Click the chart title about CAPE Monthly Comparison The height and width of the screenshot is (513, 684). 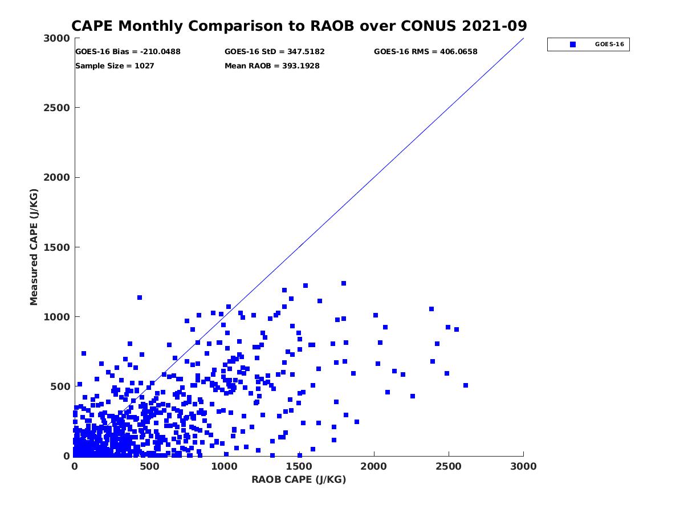click(299, 26)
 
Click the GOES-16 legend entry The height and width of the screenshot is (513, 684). click(588, 44)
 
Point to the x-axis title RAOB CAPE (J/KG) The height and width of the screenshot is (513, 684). click(299, 479)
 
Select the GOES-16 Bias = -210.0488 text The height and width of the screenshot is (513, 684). click(128, 52)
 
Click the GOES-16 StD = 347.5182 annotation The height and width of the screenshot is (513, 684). click(275, 52)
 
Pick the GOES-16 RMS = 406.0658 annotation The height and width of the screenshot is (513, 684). click(425, 52)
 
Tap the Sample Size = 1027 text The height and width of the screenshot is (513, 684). click(115, 66)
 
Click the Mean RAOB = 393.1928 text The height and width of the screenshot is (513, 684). click(272, 66)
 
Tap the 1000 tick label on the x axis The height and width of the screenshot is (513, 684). click(224, 466)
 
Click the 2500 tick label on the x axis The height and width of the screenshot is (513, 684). click(449, 466)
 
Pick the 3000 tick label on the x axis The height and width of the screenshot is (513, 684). click(523, 466)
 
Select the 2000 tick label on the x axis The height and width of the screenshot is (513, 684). click(374, 466)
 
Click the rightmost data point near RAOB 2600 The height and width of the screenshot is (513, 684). click(466, 385)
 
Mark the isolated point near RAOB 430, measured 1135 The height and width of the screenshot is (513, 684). click(139, 298)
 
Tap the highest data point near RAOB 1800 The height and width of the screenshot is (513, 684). click(344, 283)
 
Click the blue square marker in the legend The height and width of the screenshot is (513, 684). click(573, 44)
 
